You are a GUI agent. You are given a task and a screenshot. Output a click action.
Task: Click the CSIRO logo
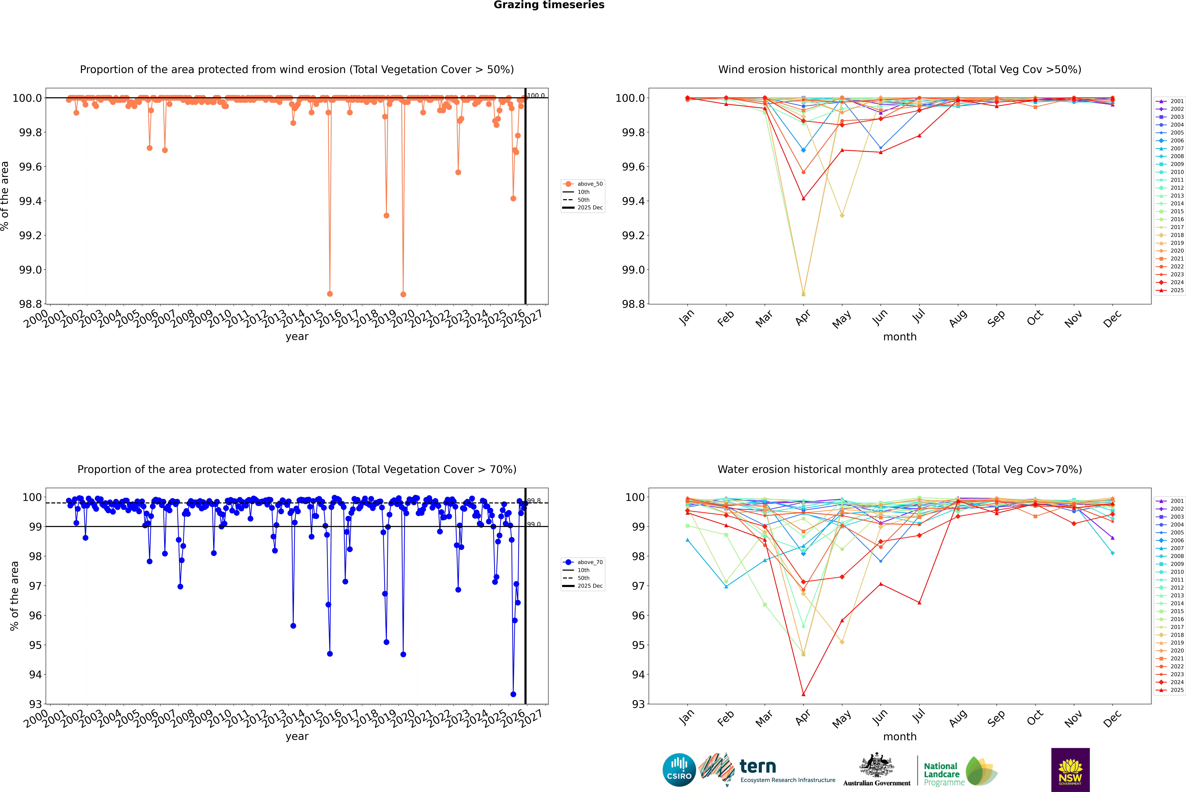[x=679, y=770]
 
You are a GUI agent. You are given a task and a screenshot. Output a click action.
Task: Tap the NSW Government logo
[x=1070, y=770]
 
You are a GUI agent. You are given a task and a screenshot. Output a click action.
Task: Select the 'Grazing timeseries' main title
[x=549, y=5]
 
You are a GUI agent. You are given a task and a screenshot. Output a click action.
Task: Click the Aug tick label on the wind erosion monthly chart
[x=958, y=318]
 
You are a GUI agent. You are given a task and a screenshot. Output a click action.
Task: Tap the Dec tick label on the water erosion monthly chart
[x=1112, y=718]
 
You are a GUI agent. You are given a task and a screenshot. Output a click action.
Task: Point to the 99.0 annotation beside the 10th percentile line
[x=534, y=524]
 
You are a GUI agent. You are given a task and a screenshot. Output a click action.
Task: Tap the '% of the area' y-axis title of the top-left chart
[x=5, y=196]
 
